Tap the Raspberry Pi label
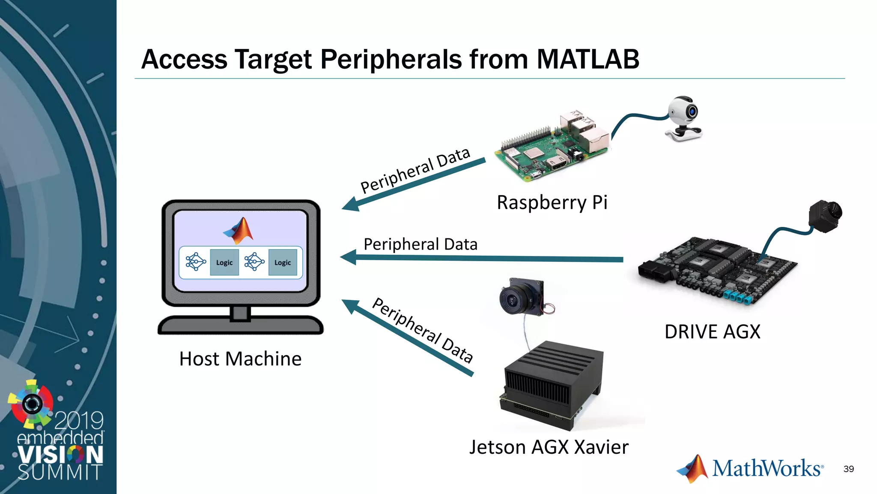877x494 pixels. tap(552, 202)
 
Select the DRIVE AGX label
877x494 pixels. tap(712, 332)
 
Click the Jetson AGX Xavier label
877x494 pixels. tap(549, 447)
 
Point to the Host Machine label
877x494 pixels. tap(240, 359)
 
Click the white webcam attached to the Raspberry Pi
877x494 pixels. tap(684, 118)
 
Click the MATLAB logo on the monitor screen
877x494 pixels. tap(239, 230)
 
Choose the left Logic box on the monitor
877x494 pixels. tap(224, 262)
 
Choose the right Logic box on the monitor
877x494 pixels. tap(283, 262)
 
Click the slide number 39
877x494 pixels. tap(848, 469)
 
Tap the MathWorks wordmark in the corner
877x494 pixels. tap(767, 468)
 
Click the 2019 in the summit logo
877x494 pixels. tap(79, 420)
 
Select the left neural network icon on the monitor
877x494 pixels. tap(195, 262)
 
